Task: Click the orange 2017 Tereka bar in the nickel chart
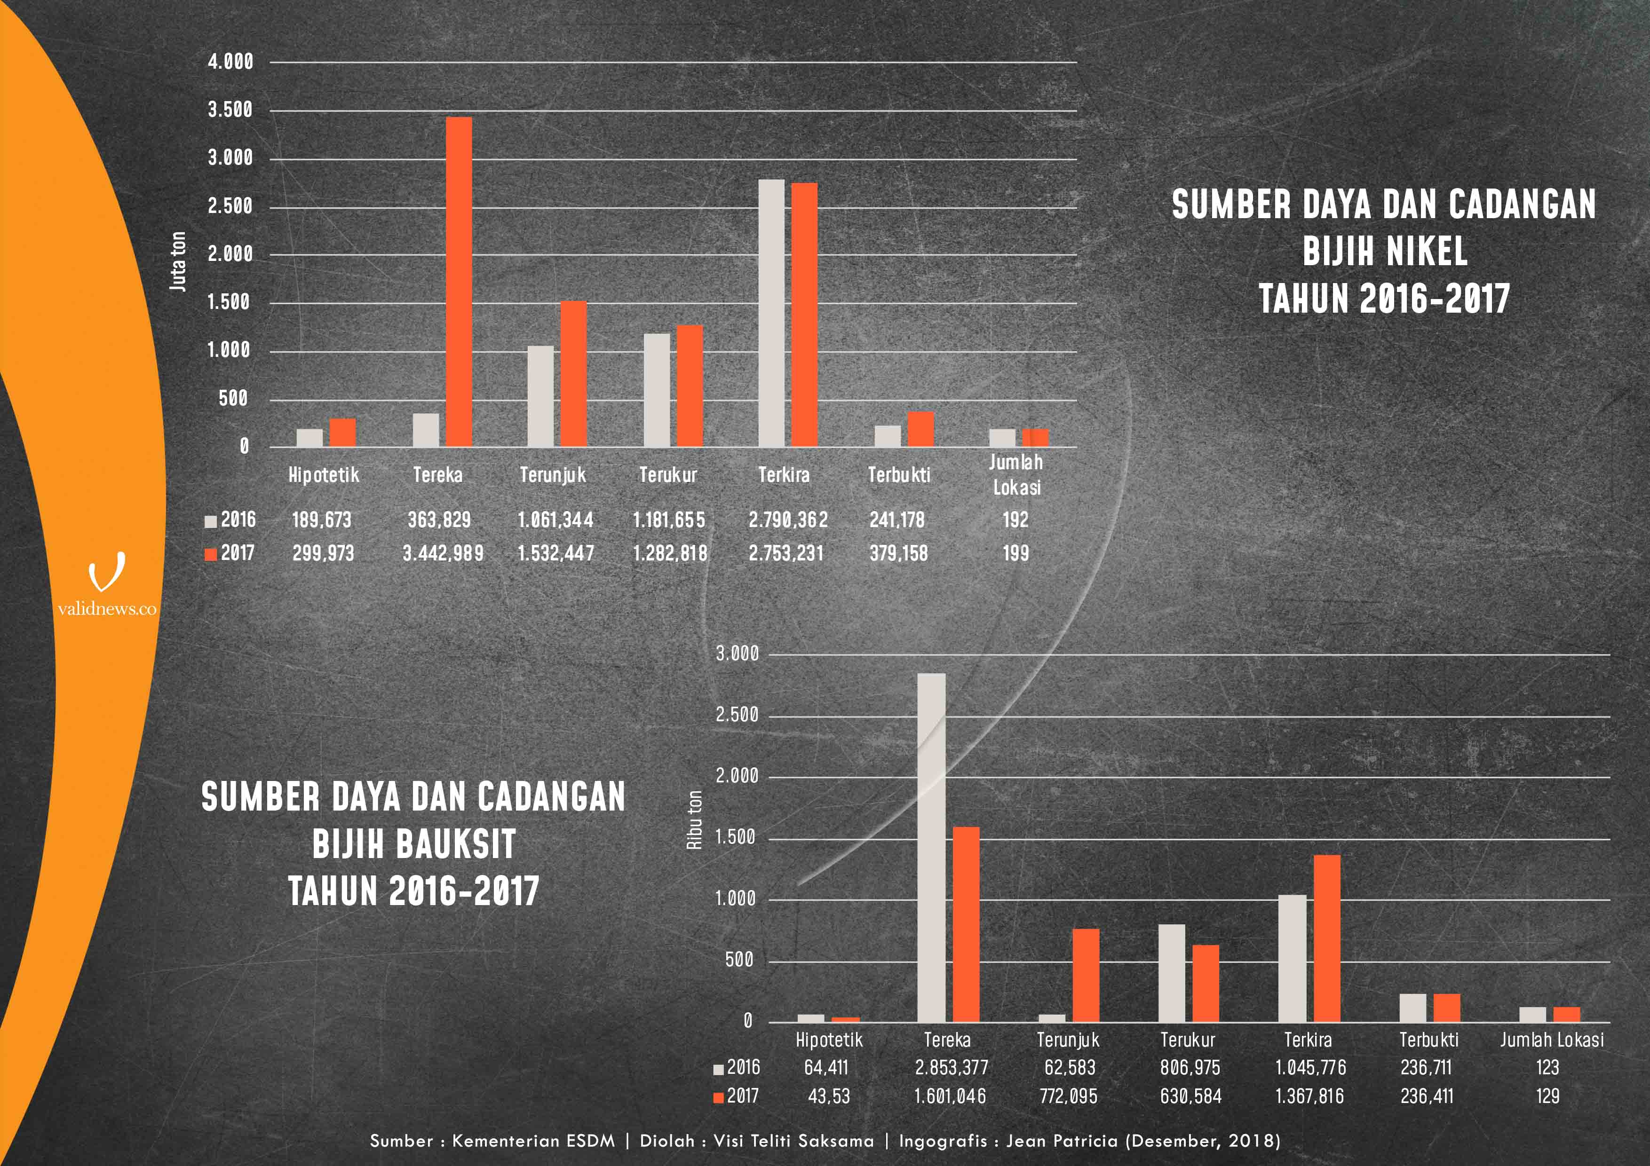point(459,282)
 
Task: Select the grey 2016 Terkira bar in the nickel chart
point(771,313)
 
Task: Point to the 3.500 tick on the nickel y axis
point(230,110)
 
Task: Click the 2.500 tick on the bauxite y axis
point(737,715)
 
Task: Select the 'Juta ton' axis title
point(177,261)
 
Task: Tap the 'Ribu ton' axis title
point(694,819)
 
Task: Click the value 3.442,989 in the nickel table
point(443,553)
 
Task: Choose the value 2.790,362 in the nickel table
point(788,520)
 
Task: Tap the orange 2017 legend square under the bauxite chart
point(718,1097)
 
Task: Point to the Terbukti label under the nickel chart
point(898,475)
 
